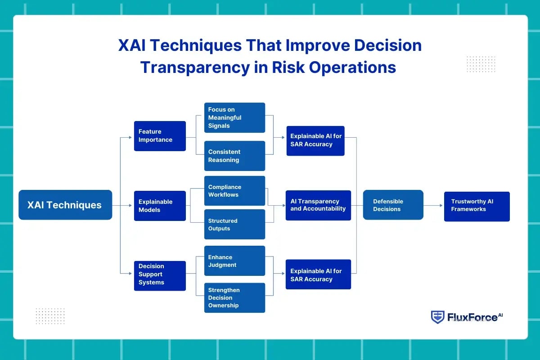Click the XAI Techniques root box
pos(65,205)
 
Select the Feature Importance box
pos(160,136)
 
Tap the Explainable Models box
pos(160,206)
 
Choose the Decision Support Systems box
pos(160,274)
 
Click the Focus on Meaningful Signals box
pos(234,117)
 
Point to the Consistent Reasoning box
pos(234,156)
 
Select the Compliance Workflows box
pos(234,191)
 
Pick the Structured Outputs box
pos(234,225)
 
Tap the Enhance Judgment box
pos(234,261)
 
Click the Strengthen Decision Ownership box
pos(234,297)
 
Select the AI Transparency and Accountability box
pos(318,205)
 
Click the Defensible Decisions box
pos(393,205)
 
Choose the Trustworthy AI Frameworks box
pos(477,206)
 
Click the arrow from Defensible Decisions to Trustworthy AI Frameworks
pos(433,205)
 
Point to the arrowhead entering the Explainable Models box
pos(132,205)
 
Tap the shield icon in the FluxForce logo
pos(437,317)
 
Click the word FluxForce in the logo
pos(472,318)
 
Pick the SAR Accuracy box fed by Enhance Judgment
pos(318,274)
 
